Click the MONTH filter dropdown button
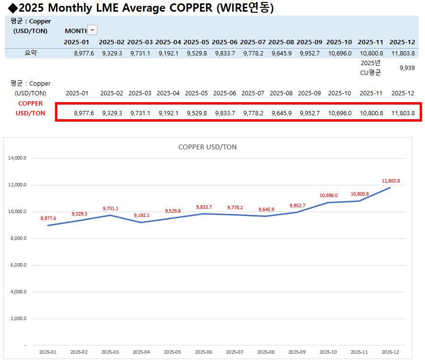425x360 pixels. pyautogui.click(x=92, y=30)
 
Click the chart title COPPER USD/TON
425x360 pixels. pyautogui.click(x=207, y=147)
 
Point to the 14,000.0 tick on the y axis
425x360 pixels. pyautogui.click(x=17, y=158)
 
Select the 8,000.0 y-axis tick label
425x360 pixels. pyautogui.click(x=18, y=238)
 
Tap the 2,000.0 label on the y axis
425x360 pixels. pyautogui.click(x=18, y=319)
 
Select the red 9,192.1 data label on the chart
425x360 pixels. pyautogui.click(x=142, y=215)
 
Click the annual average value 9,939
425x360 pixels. pyautogui.click(x=407, y=68)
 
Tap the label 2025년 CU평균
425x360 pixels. pyautogui.click(x=370, y=68)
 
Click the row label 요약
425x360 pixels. pyautogui.click(x=31, y=53)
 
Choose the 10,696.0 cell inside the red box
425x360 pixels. pyautogui.click(x=339, y=113)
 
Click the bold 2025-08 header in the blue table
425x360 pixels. pyautogui.click(x=282, y=42)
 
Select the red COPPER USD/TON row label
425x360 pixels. pyautogui.click(x=31, y=108)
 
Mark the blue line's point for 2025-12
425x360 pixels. pyautogui.click(x=390, y=187)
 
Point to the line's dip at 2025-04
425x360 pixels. pyautogui.click(x=141, y=222)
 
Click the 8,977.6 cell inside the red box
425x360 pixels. pyautogui.click(x=84, y=113)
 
